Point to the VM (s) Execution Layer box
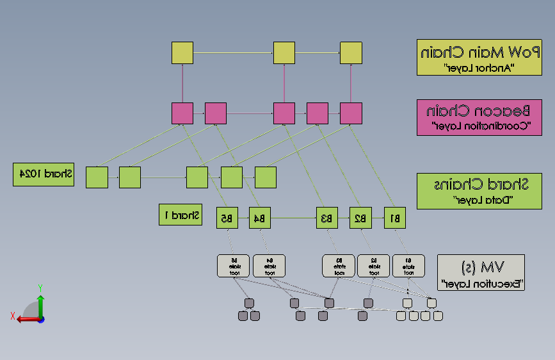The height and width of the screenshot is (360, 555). pos(481,272)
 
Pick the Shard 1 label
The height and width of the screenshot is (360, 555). pos(181,215)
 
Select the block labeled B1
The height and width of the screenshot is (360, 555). pos(395,218)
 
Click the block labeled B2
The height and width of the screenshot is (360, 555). pos(360,218)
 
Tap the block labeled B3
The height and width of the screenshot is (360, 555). pos(326,218)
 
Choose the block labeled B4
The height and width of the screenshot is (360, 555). pos(259,218)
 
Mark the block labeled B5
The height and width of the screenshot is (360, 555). pos(227,218)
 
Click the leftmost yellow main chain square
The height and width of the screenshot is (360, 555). pos(182,53)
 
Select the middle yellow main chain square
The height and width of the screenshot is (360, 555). pos(284,53)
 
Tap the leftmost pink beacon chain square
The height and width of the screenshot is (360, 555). pos(182,113)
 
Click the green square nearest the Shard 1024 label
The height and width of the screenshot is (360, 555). pos(97,177)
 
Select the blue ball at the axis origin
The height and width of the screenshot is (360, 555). pos(41,319)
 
